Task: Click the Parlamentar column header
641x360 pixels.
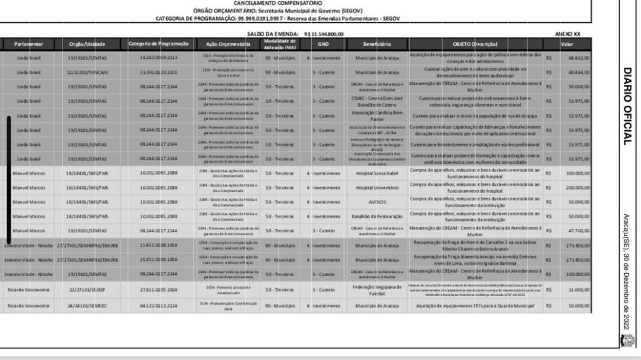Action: [29, 44]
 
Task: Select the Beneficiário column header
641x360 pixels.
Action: [377, 44]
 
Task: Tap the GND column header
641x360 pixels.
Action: [323, 44]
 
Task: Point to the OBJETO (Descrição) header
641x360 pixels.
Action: [475, 44]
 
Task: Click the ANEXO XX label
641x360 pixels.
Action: [567, 33]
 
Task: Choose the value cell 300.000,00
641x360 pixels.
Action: [577, 173]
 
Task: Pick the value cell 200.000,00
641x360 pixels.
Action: [577, 188]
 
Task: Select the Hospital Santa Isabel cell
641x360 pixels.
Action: [377, 173]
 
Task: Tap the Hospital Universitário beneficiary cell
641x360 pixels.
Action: [377, 188]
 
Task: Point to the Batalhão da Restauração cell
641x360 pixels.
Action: [377, 216]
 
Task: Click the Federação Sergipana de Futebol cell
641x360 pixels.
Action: [377, 291]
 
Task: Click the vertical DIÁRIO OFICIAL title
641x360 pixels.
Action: [627, 106]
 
